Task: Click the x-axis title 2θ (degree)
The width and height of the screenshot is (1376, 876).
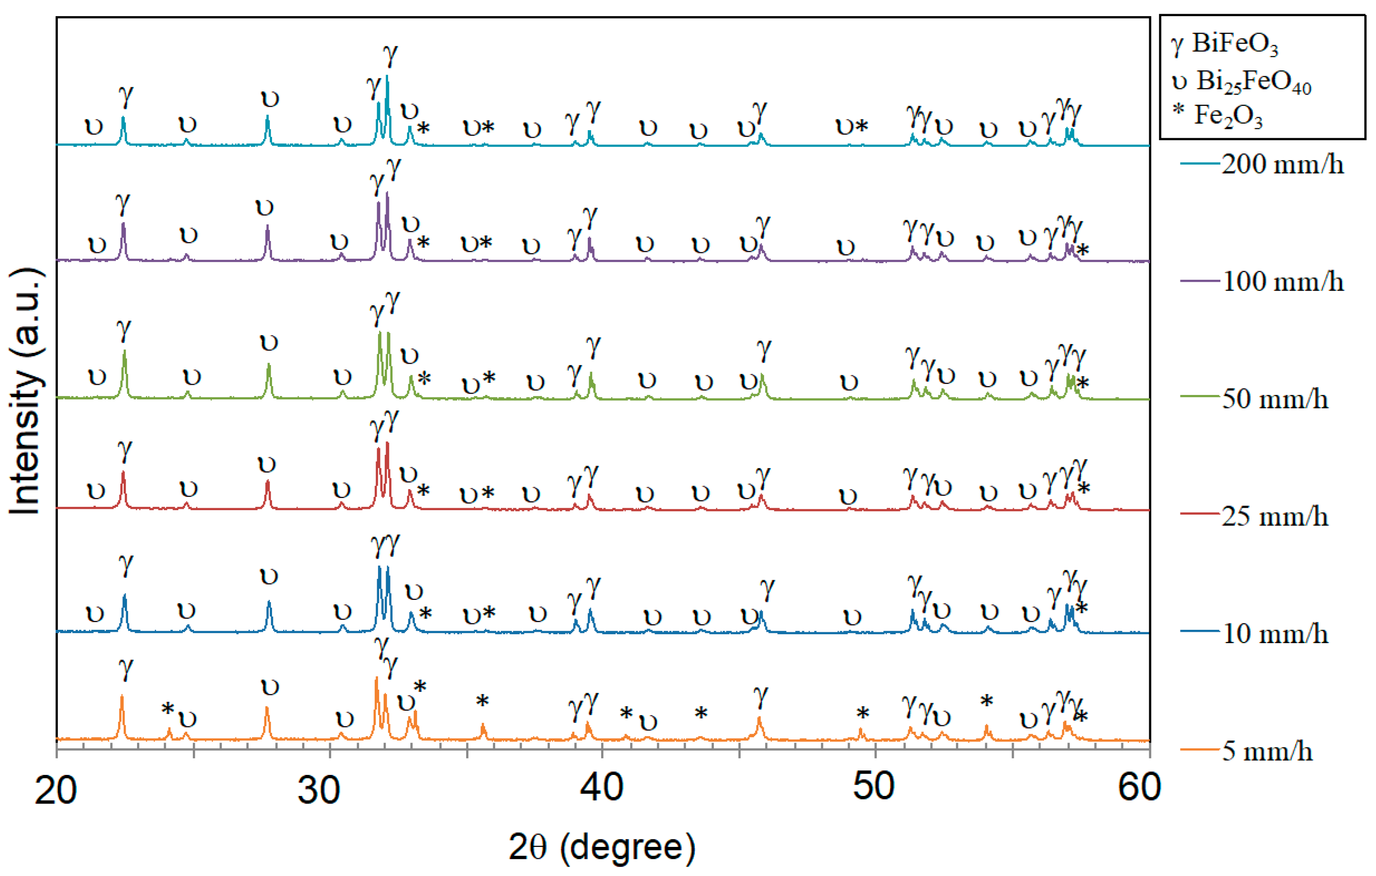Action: [x=602, y=847]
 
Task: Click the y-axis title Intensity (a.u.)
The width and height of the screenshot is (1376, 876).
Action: [x=26, y=391]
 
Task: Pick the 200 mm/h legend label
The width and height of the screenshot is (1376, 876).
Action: [x=1282, y=165]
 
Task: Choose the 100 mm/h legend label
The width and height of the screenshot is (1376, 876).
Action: [x=1282, y=282]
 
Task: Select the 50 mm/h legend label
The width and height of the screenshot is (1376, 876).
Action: [x=1274, y=399]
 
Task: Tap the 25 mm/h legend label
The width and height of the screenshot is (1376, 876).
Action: [x=1274, y=517]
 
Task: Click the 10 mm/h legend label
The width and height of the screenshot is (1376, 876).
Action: [x=1274, y=634]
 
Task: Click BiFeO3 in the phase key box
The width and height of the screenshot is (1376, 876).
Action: [x=1234, y=44]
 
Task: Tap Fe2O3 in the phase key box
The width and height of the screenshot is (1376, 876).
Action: [x=1228, y=116]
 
